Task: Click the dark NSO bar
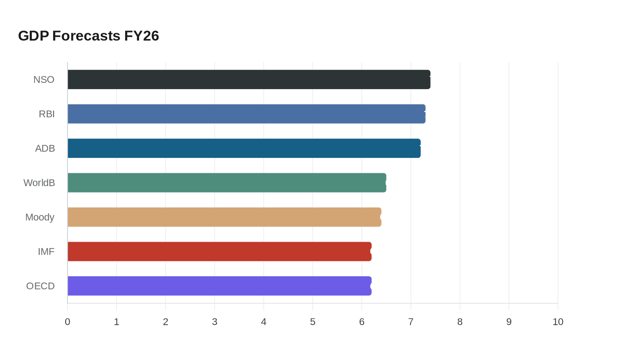(249, 80)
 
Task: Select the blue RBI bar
(247, 114)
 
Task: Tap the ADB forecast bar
(244, 148)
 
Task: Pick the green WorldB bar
(227, 183)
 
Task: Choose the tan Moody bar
(224, 217)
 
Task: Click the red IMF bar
(220, 252)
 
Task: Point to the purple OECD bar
(220, 286)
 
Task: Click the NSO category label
(44, 80)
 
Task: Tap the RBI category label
(47, 114)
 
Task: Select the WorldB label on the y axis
(39, 183)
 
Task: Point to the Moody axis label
(40, 217)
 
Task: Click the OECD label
(40, 286)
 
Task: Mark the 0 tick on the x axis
(67, 322)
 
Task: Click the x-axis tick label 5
(313, 322)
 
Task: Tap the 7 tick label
(411, 322)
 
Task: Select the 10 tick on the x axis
(558, 322)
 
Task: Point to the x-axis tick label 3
(215, 322)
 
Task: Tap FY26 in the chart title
(142, 36)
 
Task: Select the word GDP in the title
(33, 36)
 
